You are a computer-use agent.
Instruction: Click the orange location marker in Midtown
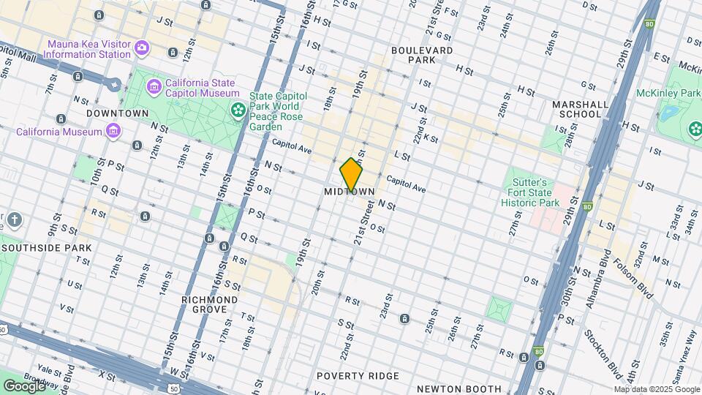point(351,175)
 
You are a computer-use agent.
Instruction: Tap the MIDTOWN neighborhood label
point(350,192)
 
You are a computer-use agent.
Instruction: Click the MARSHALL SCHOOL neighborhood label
point(581,109)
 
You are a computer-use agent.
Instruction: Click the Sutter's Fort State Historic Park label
point(534,192)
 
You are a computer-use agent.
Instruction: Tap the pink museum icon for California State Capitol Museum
point(154,88)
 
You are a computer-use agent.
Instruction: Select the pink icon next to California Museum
point(113,132)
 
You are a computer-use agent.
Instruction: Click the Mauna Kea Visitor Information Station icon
point(141,48)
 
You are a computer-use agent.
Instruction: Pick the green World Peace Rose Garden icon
point(238,110)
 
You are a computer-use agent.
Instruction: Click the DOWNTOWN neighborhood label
point(117,113)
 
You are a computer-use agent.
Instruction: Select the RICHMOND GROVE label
point(211,305)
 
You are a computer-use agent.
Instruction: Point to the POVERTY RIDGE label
point(358,376)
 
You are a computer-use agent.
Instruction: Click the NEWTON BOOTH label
point(458,389)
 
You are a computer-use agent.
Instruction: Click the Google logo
point(24,385)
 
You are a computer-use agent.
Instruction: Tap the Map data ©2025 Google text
point(656,389)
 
